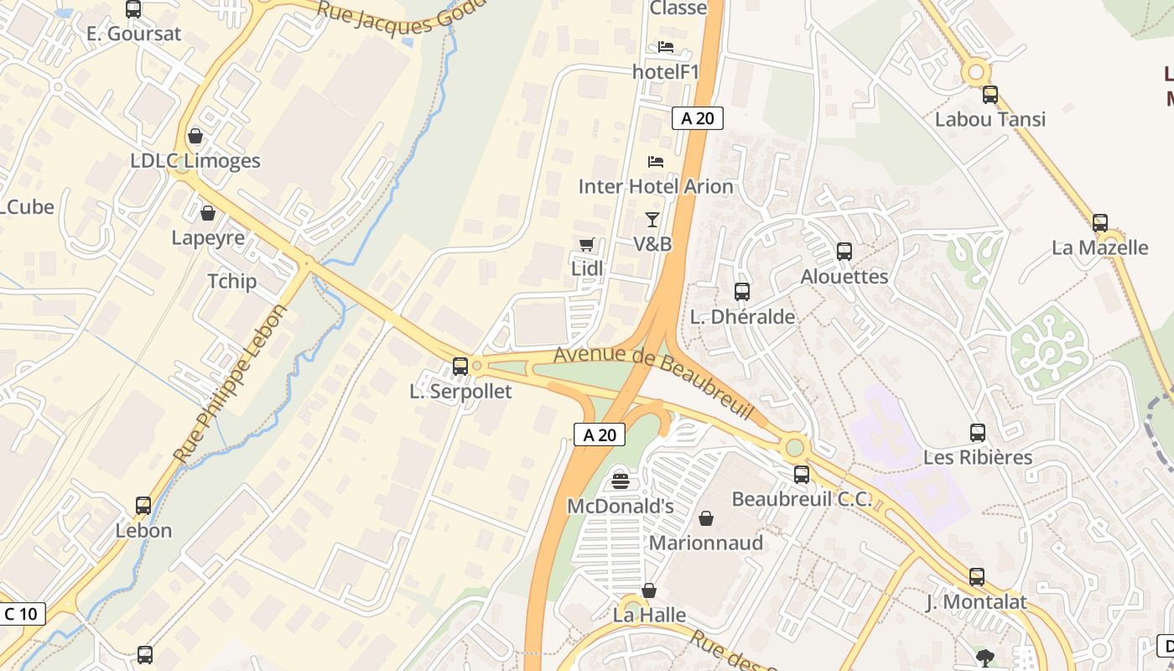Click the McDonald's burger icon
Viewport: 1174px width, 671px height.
621,481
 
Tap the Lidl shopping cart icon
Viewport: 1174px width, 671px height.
587,244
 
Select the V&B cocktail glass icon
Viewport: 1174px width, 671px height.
652,220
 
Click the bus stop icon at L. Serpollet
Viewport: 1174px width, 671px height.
460,366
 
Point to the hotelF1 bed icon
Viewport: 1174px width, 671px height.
666,47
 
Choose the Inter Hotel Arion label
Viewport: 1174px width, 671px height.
656,186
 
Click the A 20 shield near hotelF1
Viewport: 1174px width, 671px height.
698,118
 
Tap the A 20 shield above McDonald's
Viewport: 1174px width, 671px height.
600,434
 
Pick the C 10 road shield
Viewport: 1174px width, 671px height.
21,614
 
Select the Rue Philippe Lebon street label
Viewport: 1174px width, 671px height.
231,383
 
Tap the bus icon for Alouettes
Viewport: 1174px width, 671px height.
844,252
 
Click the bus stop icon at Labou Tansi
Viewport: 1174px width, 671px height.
990,95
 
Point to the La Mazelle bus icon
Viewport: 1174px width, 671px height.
1100,223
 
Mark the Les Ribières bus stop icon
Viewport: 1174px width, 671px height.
978,433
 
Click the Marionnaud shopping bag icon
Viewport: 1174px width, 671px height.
706,518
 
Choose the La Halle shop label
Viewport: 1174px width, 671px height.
650,615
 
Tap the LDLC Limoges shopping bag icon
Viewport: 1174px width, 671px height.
195,136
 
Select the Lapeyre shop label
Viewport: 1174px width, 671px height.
208,237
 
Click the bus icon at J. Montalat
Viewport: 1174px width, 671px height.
977,577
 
